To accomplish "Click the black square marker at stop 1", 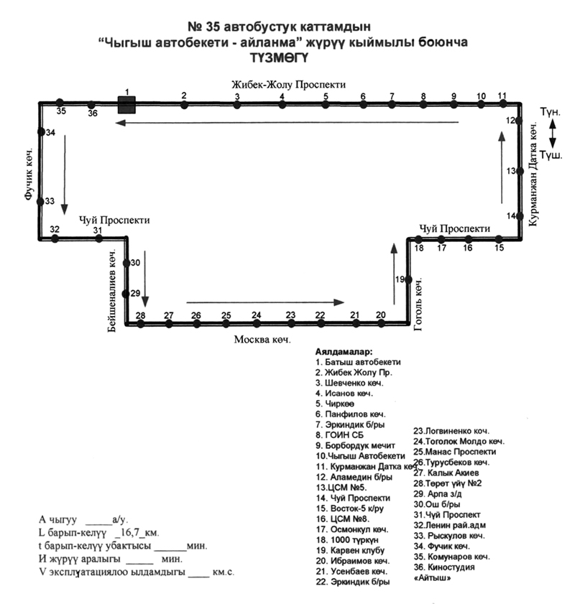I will click(126, 105).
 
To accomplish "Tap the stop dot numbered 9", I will click(454, 105).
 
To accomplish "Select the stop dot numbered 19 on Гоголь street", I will click(408, 279).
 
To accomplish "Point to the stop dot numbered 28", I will click(141, 324).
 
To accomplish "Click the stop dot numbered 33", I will click(40, 202).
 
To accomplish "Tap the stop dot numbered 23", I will click(290, 324).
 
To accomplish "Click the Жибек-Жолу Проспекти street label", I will click(288, 84).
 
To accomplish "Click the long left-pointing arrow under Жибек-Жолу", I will click(287, 123).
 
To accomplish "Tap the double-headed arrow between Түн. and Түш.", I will click(551, 134).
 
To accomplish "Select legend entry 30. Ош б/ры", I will click(438, 504).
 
